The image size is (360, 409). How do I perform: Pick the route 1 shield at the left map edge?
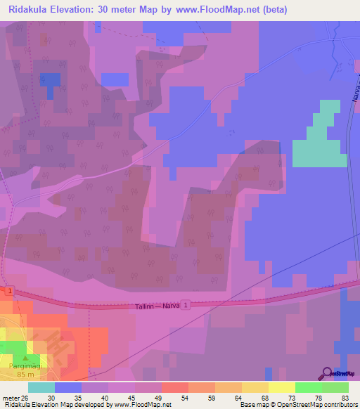click(x=10, y=290)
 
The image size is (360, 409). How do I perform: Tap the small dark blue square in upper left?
click(x=50, y=82)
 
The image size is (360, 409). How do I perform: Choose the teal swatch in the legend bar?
click(x=41, y=387)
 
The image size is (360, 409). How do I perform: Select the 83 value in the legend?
click(x=345, y=398)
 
